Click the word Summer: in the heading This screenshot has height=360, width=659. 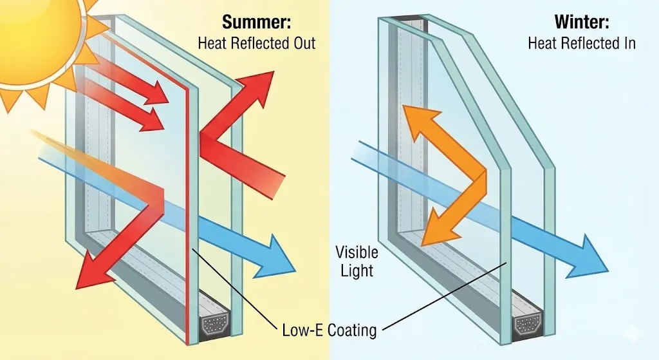pos(256,23)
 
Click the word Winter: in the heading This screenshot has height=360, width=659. pos(582,22)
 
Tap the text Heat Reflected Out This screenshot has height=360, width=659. pos(256,43)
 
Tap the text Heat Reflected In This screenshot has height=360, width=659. pos(582,43)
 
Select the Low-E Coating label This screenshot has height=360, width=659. pos(329,330)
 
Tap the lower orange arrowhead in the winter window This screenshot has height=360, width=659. pos(437,229)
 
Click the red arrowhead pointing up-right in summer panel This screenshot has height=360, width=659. pos(255,89)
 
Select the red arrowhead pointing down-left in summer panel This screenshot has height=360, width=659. pos(93,270)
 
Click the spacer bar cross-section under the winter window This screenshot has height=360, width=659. pos(527,323)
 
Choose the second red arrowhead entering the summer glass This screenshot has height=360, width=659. pos(152,120)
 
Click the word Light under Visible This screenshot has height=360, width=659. pos(357,270)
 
